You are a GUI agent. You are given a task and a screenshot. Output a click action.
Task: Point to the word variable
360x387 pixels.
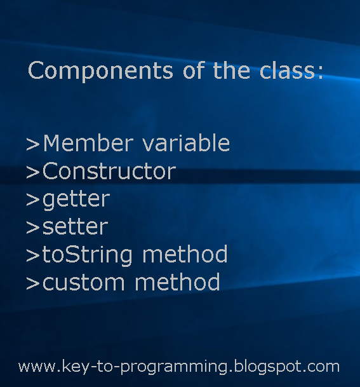tap(185, 144)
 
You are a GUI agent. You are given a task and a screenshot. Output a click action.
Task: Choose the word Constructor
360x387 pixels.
tap(109, 172)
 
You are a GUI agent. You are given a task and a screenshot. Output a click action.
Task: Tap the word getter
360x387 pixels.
tap(76, 200)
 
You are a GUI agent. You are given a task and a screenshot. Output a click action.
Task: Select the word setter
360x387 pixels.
tap(75, 227)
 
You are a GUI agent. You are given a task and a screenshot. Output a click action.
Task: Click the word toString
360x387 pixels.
tap(88, 255)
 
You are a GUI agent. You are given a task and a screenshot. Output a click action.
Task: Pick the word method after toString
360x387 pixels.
tap(185, 255)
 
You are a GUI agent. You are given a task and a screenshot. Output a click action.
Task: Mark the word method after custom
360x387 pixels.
tap(177, 282)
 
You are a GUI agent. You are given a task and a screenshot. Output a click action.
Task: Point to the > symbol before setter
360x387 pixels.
tap(33, 227)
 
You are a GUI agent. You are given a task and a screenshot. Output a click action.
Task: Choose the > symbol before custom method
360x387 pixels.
tap(33, 283)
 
